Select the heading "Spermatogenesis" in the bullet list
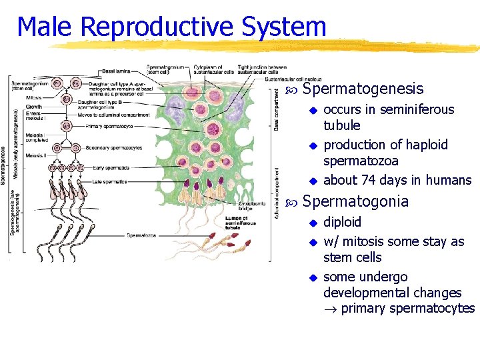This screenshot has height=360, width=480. (363, 89)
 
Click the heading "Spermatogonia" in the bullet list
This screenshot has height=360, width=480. (355, 201)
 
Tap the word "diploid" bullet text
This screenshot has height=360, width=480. (342, 222)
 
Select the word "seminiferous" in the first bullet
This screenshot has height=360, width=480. (417, 109)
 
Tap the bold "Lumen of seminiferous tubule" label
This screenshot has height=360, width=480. (240, 222)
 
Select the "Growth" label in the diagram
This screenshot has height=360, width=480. (34, 107)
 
